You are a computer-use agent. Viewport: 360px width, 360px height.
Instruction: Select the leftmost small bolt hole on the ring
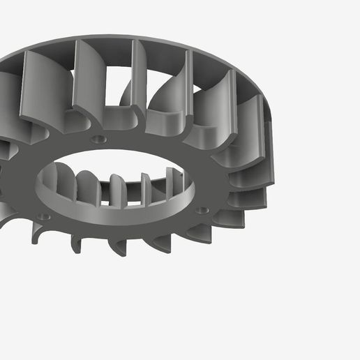pos(44,216)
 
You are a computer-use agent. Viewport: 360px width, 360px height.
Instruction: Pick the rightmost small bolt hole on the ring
pos(202,209)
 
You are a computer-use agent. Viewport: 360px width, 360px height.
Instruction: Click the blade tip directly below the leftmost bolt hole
pos(38,237)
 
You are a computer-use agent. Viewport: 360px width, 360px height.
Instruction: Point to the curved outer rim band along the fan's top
pos(174,46)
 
